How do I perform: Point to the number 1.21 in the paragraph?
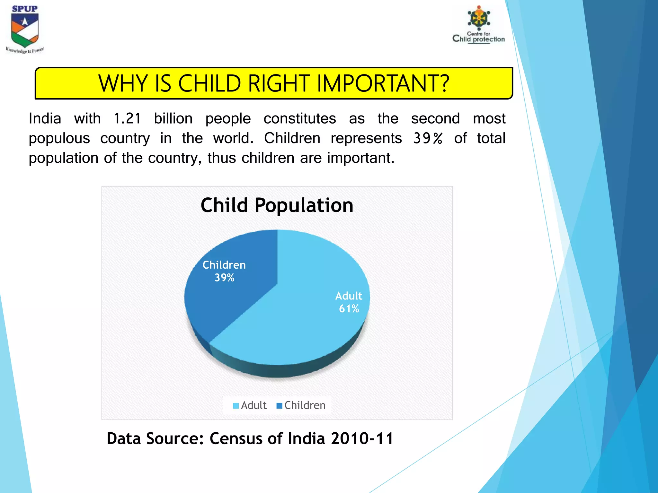pyautogui.click(x=127, y=118)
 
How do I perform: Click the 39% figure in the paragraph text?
pyautogui.click(x=428, y=138)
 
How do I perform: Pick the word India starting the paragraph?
pyautogui.click(x=45, y=118)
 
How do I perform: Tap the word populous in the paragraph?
pyautogui.click(x=59, y=138)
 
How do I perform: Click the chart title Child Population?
pyautogui.click(x=277, y=205)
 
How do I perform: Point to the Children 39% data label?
pyautogui.click(x=224, y=271)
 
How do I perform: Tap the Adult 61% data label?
pyautogui.click(x=349, y=302)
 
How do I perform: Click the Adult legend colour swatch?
pyautogui.click(x=236, y=406)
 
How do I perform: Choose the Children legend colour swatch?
pyautogui.click(x=279, y=406)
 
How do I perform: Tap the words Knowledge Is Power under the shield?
pyautogui.click(x=25, y=50)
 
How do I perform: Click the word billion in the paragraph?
pyautogui.click(x=173, y=118)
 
